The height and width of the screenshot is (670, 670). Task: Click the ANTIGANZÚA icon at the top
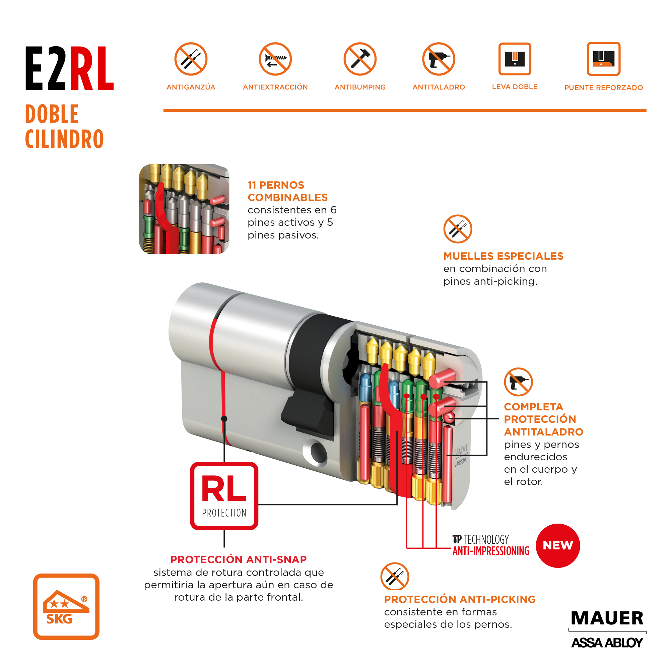tap(191, 59)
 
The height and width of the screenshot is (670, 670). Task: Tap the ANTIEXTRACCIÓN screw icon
tap(275, 59)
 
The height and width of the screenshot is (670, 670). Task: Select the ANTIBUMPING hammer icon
tap(360, 59)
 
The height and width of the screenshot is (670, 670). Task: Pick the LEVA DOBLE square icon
tap(515, 59)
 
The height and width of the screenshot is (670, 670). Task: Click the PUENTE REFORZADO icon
tap(603, 59)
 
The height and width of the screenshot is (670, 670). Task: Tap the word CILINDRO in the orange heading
tap(65, 139)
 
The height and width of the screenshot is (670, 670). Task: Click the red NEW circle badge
tap(558, 545)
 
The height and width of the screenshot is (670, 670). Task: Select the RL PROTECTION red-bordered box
tap(224, 496)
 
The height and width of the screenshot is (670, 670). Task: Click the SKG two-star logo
tap(66, 607)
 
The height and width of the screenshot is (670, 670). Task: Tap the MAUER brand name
tap(607, 618)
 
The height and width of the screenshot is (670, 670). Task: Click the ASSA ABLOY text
tap(607, 643)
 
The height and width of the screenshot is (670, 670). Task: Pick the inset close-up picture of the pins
tap(184, 209)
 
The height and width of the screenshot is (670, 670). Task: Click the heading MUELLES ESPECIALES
tap(503, 256)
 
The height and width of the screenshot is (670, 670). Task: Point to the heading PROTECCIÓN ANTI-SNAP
tap(239, 559)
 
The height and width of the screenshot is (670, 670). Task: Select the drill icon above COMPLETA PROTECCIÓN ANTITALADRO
tap(518, 382)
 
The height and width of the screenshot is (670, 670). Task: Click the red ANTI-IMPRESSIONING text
tap(491, 551)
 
